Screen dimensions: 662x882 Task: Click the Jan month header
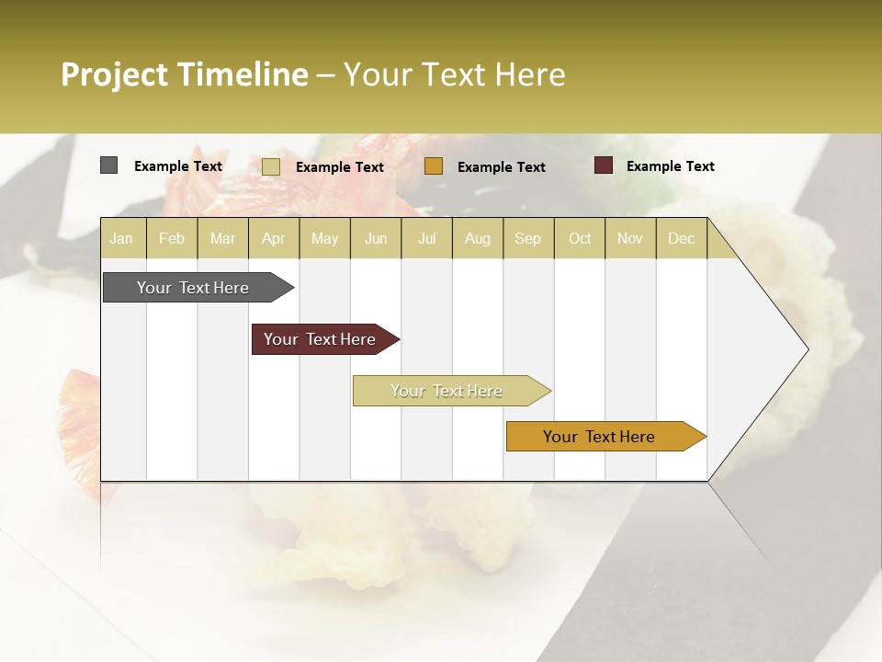point(121,238)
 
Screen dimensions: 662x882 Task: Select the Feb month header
point(172,238)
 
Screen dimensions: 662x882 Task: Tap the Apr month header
point(273,238)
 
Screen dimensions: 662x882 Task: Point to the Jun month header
point(376,238)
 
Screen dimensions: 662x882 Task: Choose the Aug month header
point(477,238)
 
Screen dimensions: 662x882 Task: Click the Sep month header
point(527,238)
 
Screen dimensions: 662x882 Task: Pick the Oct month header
point(580,238)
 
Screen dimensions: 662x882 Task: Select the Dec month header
point(681,238)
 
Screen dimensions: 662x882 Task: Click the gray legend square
point(109,165)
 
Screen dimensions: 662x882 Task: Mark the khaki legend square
point(271,166)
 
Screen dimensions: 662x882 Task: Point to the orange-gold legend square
point(434,166)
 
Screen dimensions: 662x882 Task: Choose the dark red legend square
point(603,165)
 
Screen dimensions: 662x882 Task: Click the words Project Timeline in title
point(184,74)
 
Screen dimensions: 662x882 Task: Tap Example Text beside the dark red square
point(670,166)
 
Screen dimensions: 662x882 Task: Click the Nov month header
point(629,238)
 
